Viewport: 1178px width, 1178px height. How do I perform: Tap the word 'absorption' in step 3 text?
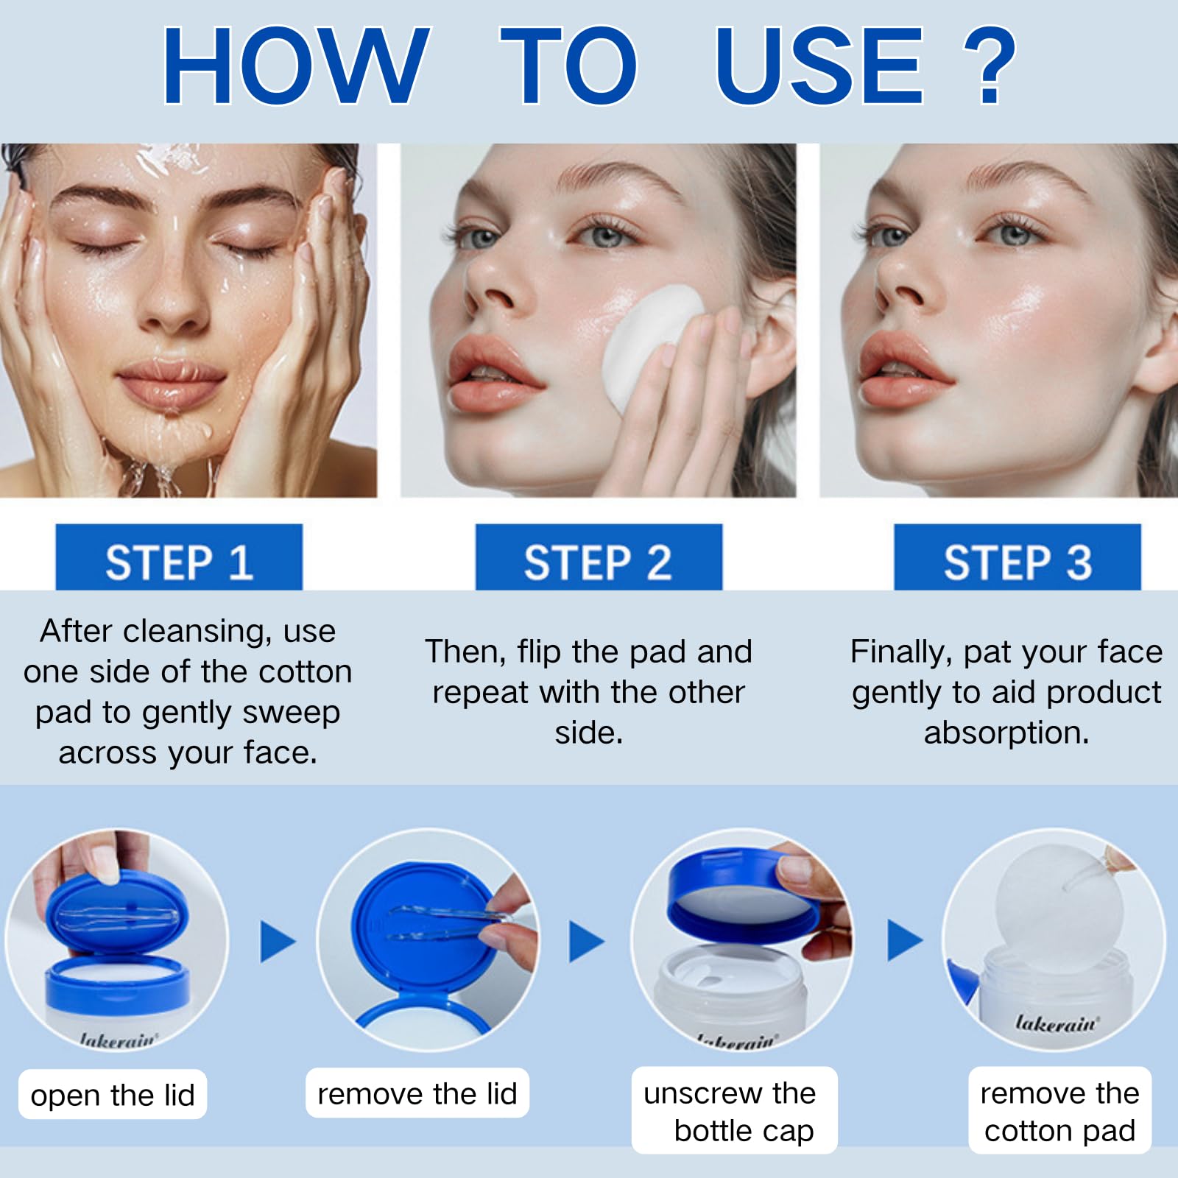(1006, 733)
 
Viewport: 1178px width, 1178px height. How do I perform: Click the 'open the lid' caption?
(113, 1096)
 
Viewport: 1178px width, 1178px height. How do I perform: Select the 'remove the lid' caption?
(417, 1094)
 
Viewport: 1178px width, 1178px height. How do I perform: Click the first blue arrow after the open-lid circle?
(278, 941)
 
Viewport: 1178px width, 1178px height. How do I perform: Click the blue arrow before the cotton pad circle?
(904, 940)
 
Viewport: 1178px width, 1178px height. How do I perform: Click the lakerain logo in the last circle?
(1057, 1023)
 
